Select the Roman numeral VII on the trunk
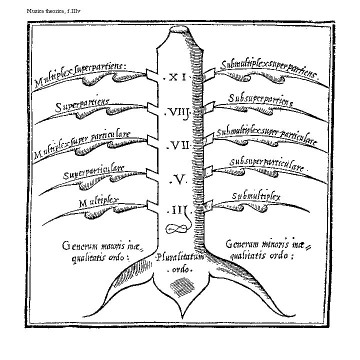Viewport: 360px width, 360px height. click(176, 145)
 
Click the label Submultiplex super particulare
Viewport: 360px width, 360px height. click(267, 136)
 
